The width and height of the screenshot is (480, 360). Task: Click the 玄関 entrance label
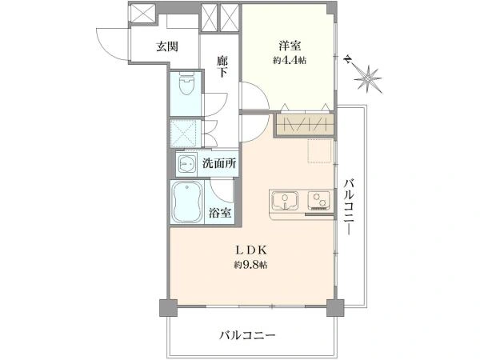(x=166, y=46)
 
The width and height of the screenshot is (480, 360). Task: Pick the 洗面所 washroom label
(x=218, y=163)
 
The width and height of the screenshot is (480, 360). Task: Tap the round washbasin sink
(x=188, y=164)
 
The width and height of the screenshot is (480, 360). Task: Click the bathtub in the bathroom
(x=187, y=202)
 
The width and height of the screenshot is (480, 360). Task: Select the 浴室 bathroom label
(x=220, y=213)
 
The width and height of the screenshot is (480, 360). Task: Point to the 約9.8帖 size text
(x=250, y=264)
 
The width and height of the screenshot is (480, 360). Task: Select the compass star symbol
(x=369, y=78)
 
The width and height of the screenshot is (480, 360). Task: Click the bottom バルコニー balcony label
(x=247, y=336)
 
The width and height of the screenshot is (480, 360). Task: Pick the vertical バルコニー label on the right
(x=349, y=206)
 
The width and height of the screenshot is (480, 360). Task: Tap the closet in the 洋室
(x=303, y=125)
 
